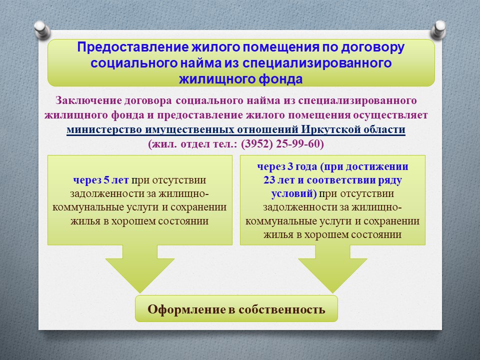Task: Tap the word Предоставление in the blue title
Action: point(132,47)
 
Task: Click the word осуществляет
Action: point(390,115)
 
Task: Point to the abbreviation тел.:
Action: point(225,144)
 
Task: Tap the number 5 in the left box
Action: point(106,179)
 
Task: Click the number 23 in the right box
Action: point(269,180)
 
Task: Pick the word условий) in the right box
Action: point(294,194)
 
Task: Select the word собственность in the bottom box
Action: point(281,309)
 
